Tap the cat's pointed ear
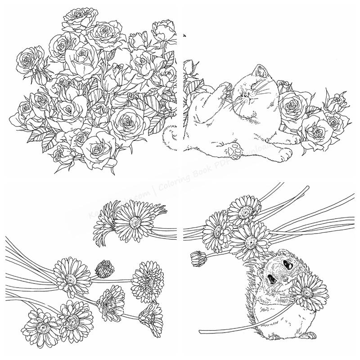coord(261,70)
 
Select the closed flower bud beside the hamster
coord(198,258)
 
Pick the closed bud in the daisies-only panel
coord(104,268)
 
